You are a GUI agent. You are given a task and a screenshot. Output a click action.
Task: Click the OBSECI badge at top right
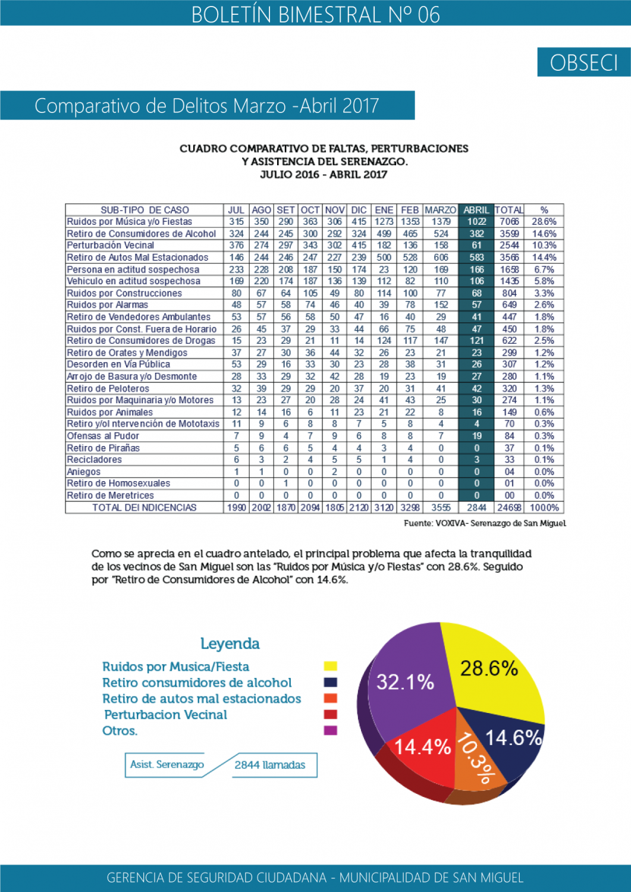tap(583, 62)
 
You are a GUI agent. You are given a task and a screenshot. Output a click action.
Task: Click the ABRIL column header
tap(476, 210)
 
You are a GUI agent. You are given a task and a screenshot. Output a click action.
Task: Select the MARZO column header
tap(441, 210)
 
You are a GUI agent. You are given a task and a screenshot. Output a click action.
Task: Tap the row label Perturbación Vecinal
tap(111, 245)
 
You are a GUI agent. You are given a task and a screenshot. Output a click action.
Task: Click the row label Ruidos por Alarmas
tap(108, 304)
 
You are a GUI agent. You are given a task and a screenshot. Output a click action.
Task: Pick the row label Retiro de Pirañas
tap(103, 448)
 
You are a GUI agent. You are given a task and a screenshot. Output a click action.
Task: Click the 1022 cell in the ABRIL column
tap(476, 222)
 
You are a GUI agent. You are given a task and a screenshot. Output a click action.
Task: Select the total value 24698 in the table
tap(510, 507)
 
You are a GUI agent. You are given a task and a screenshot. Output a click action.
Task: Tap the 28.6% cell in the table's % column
tap(544, 222)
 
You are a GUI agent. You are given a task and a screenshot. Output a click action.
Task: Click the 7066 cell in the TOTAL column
tap(510, 222)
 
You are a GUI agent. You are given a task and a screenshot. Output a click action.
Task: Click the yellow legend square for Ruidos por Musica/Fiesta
tap(331, 666)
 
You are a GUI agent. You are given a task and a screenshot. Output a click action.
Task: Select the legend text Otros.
tap(120, 730)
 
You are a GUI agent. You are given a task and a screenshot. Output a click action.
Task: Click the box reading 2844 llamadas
tap(270, 765)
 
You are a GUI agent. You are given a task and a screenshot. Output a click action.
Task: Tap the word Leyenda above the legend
tap(230, 643)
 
